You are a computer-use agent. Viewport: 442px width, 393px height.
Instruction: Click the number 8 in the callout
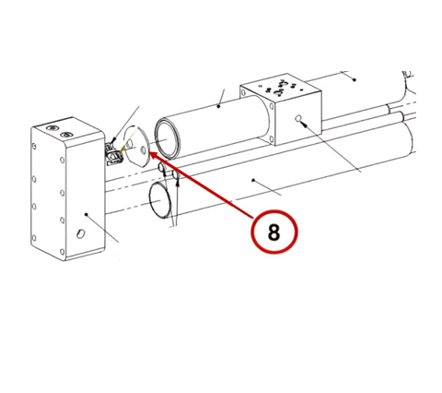(x=274, y=232)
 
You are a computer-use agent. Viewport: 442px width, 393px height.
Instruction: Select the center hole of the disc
(x=143, y=150)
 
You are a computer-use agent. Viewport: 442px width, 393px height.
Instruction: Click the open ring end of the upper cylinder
(x=168, y=138)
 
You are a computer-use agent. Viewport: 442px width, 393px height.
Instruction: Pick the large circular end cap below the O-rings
(x=161, y=200)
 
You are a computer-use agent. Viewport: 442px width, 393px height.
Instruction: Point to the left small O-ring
(x=161, y=167)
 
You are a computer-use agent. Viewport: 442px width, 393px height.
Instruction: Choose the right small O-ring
(x=176, y=175)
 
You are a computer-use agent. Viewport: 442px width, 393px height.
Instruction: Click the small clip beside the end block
(x=115, y=154)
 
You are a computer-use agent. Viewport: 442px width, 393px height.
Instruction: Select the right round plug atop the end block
(x=66, y=135)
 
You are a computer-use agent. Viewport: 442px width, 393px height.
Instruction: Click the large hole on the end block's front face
(x=81, y=233)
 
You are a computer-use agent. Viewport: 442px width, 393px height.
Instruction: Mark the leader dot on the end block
(x=87, y=214)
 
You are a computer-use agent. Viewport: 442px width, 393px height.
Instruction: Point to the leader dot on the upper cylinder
(x=218, y=106)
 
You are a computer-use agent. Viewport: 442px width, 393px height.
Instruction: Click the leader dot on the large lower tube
(x=253, y=180)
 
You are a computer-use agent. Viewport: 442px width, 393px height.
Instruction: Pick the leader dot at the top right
(x=355, y=80)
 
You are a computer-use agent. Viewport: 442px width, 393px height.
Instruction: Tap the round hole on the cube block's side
(x=297, y=118)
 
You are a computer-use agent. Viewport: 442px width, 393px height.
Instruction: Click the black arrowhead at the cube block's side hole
(x=304, y=125)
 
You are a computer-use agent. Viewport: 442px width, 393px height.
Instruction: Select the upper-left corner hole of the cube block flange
(x=243, y=92)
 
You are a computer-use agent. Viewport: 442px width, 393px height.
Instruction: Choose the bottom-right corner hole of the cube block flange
(x=271, y=138)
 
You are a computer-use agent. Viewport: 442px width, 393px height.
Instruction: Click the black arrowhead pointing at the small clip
(x=114, y=141)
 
